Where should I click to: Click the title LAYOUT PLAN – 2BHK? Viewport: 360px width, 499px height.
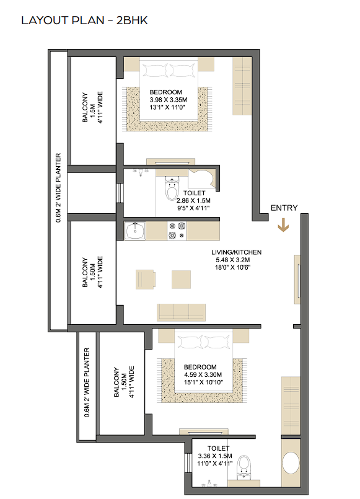[84, 20]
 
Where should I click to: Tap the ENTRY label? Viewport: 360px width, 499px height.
[284, 208]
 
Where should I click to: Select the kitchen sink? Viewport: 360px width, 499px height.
[135, 231]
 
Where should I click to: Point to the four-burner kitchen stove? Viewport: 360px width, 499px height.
[177, 231]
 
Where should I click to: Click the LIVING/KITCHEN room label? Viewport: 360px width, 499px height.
[236, 252]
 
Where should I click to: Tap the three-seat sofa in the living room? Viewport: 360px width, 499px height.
[181, 312]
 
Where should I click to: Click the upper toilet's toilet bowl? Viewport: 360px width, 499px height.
[172, 189]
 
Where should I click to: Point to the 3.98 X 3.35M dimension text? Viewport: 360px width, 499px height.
[169, 100]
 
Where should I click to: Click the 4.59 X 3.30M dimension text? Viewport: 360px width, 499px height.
[203, 374]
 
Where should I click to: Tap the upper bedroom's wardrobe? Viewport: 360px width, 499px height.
[242, 86]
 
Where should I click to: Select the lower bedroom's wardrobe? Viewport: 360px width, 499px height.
[291, 405]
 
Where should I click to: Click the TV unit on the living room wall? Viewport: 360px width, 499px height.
[297, 280]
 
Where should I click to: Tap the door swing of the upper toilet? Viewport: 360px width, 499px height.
[201, 179]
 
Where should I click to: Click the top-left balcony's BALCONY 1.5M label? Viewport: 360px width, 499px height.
[89, 108]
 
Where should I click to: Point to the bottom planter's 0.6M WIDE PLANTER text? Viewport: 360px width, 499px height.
[87, 382]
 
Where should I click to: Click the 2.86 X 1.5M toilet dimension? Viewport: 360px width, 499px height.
[193, 200]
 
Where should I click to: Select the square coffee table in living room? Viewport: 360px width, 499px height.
[182, 280]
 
